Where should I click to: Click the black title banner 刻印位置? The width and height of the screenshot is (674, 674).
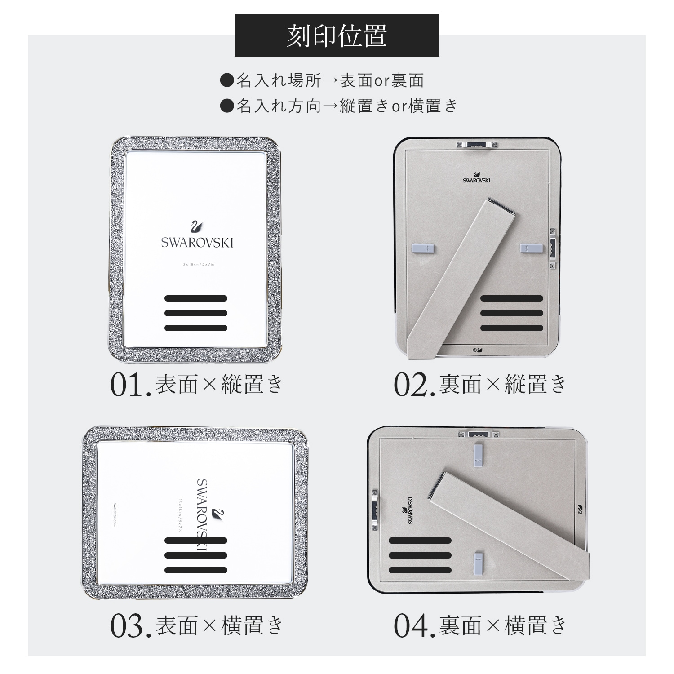[337, 35]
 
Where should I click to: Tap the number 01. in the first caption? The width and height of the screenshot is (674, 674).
[130, 386]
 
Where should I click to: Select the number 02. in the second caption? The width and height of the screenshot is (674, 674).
[414, 386]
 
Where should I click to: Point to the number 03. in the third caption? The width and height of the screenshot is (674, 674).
[130, 625]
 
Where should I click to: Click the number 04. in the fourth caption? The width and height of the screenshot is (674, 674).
[414, 625]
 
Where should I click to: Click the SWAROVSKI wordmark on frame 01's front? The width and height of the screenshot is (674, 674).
[197, 243]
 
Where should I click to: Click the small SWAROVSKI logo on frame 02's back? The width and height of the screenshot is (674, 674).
[476, 177]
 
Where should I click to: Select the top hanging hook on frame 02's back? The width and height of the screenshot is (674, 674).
[477, 145]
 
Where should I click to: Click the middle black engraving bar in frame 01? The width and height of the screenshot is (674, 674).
[196, 313]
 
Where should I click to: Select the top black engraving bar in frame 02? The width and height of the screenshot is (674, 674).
[512, 298]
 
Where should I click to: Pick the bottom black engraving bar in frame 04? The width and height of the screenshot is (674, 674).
[420, 570]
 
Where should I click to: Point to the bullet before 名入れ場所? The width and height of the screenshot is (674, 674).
[226, 81]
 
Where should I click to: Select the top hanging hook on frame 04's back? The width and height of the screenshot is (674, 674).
[477, 435]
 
